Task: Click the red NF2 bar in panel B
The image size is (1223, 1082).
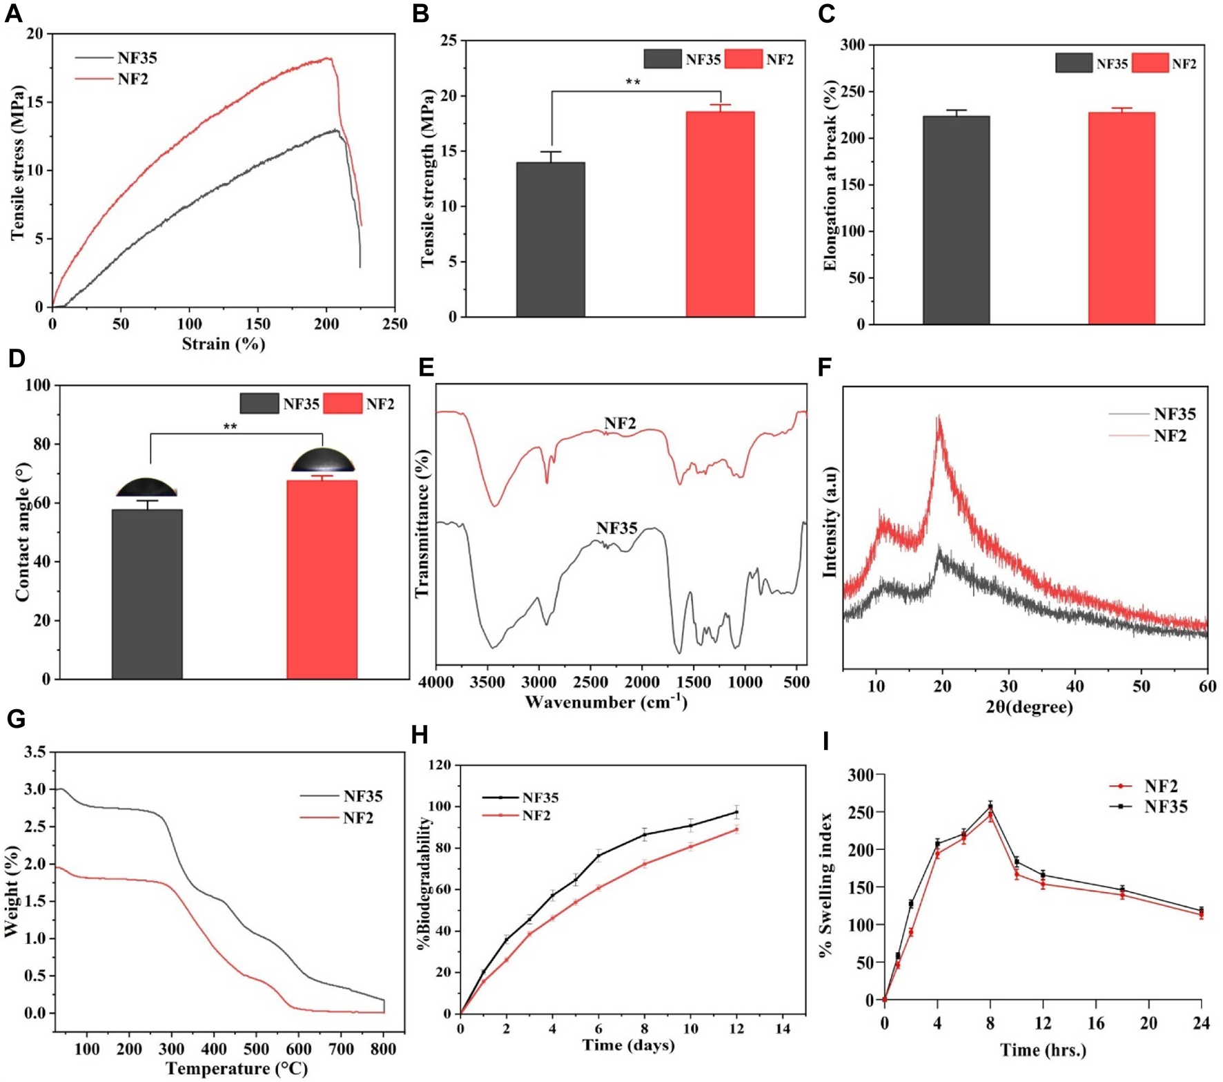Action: (x=720, y=214)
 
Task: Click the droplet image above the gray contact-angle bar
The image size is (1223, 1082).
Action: (x=146, y=487)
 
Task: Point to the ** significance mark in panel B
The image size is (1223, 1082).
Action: (x=633, y=83)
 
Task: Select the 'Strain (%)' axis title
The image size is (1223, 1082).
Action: (x=223, y=343)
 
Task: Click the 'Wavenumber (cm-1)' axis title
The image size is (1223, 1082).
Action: (x=605, y=702)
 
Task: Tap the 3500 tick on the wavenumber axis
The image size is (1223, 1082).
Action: (x=487, y=682)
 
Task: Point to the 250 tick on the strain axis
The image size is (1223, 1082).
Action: (x=395, y=324)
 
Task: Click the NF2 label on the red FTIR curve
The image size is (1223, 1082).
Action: (x=619, y=423)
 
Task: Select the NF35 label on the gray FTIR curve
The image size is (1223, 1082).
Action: (x=616, y=528)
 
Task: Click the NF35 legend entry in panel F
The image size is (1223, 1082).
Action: (x=1174, y=414)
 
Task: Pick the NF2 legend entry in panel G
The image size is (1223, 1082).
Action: (x=358, y=818)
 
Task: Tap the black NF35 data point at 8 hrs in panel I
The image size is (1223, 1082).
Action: (x=990, y=806)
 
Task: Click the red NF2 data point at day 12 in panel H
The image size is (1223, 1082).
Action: (x=736, y=830)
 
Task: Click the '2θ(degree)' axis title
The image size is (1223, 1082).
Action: (x=1029, y=707)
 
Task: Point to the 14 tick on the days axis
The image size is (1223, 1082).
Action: (x=783, y=1028)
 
